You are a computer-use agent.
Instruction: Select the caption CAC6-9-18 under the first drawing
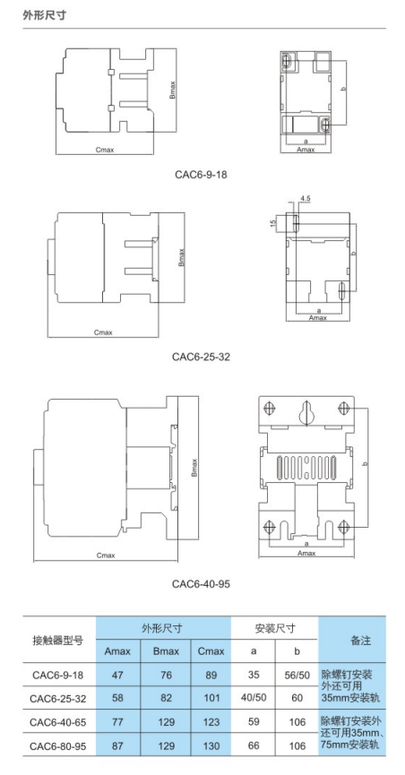point(201,174)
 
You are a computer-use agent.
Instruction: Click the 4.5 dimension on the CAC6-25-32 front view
point(306,197)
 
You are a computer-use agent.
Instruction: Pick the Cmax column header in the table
point(211,651)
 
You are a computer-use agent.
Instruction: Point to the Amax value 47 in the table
point(117,675)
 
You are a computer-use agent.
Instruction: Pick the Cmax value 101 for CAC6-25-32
point(211,698)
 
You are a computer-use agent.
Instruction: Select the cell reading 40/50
point(254,698)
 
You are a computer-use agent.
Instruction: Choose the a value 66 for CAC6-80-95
point(254,745)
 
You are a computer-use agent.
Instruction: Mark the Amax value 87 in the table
point(117,745)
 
